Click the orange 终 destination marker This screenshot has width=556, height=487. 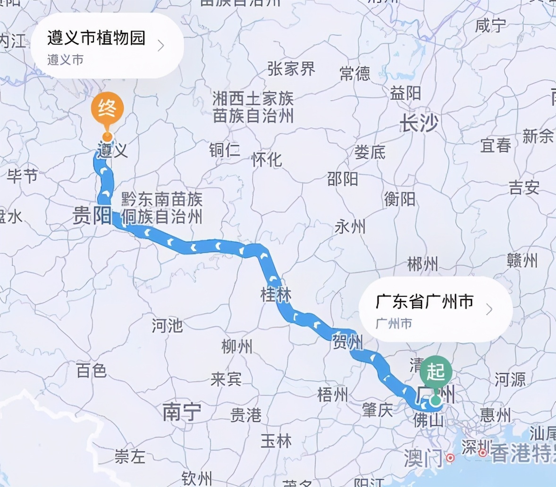click(108, 109)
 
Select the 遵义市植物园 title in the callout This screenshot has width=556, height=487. click(96, 38)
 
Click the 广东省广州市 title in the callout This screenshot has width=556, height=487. click(424, 301)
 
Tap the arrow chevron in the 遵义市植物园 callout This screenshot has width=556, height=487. click(161, 46)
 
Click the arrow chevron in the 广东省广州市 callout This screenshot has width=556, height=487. click(489, 309)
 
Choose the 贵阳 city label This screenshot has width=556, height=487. click(92, 216)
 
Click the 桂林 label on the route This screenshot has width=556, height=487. click(276, 294)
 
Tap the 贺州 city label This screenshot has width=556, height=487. click(347, 341)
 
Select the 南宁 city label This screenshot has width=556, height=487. click(182, 412)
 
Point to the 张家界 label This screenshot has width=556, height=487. click(291, 69)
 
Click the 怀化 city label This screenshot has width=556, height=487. click(267, 160)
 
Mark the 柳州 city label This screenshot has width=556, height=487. click(237, 347)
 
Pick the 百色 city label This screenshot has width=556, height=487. click(92, 371)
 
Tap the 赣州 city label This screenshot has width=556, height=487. click(522, 260)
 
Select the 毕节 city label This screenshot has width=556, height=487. click(22, 176)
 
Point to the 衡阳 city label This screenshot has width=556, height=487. click(400, 199)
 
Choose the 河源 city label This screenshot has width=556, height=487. click(510, 379)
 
